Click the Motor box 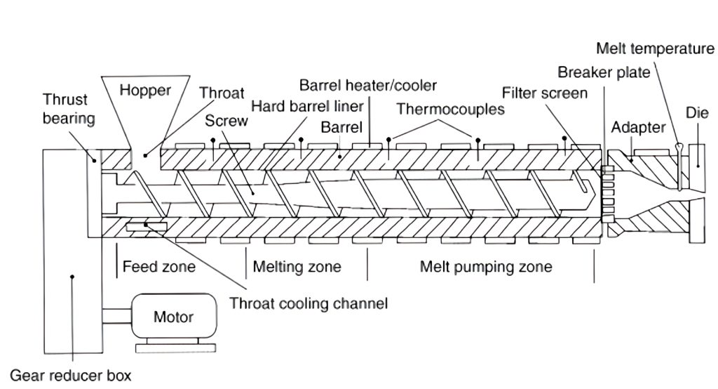click(173, 317)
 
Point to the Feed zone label click(159, 267)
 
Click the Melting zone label click(297, 267)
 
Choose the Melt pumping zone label click(485, 267)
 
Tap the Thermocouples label click(450, 110)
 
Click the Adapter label click(637, 128)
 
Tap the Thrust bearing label click(68, 108)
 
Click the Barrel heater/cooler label click(367, 86)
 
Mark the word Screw click(226, 121)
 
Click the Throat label click(222, 93)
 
